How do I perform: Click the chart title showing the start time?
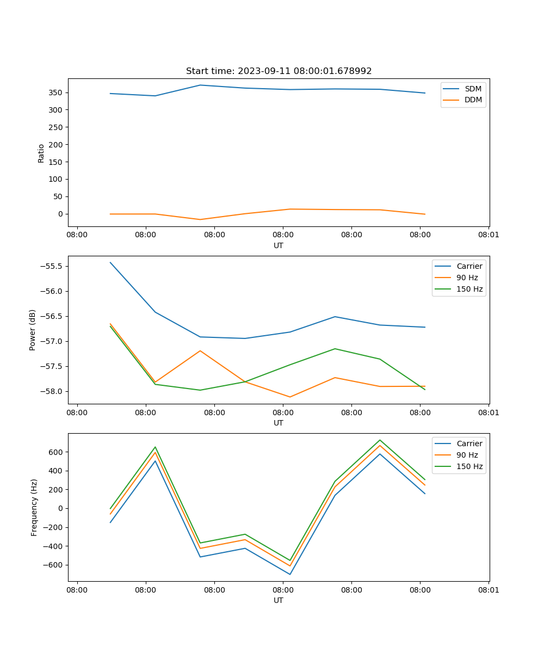(279, 71)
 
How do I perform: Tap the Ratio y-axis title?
(41, 153)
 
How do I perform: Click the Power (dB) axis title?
(33, 330)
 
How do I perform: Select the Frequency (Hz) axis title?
(34, 507)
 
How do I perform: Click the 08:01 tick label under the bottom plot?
(489, 589)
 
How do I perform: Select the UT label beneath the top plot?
(279, 245)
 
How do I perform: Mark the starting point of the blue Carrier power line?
(110, 262)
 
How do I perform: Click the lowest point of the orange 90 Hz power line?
(290, 397)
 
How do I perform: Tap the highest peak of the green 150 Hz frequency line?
(380, 440)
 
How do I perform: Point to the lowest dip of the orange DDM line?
(200, 219)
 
